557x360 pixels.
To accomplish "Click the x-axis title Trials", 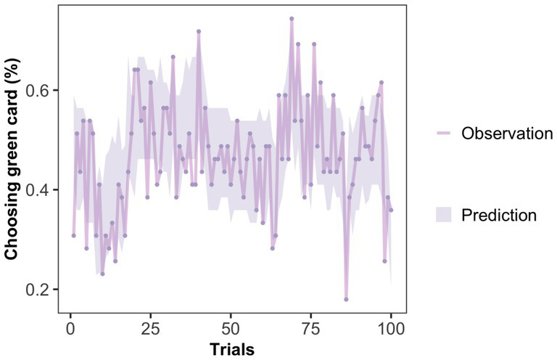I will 231,349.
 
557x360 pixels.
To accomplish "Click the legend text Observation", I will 507,134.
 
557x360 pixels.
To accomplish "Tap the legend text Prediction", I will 499,215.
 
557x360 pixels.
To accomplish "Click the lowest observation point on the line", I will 346,299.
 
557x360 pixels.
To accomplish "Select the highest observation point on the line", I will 292,18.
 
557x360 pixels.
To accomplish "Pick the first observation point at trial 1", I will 73,235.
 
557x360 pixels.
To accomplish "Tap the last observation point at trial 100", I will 391,210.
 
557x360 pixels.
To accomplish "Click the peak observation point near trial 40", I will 199,31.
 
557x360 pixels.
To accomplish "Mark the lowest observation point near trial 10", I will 102,274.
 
